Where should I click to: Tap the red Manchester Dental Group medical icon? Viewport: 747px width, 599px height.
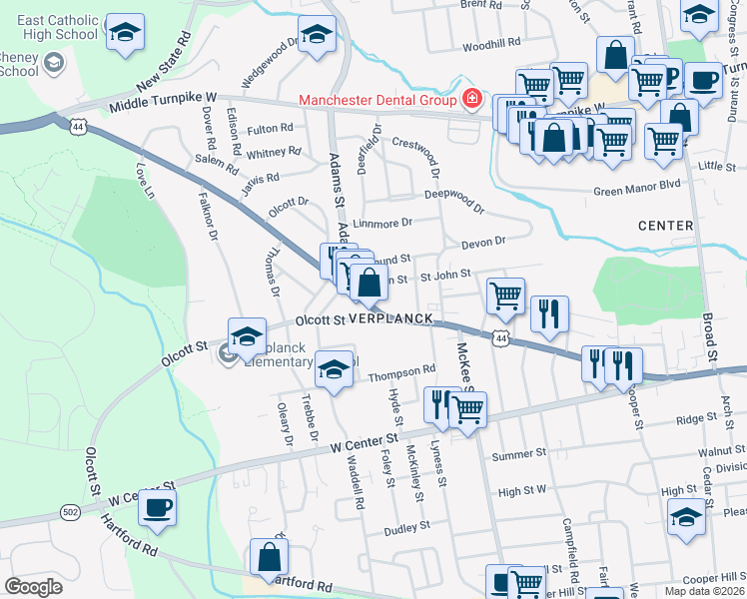coord(471,100)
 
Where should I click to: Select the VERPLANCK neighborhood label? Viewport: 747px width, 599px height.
coord(390,318)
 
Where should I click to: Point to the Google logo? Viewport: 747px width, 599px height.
coord(34,586)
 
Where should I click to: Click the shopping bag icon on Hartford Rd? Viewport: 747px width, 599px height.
coord(269,559)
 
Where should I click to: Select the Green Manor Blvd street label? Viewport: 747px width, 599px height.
coord(636,186)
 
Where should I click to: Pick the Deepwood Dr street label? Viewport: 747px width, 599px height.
coord(454,200)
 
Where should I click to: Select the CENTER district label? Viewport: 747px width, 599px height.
coord(666,226)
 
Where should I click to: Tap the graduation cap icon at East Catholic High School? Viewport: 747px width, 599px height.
coord(125,34)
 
